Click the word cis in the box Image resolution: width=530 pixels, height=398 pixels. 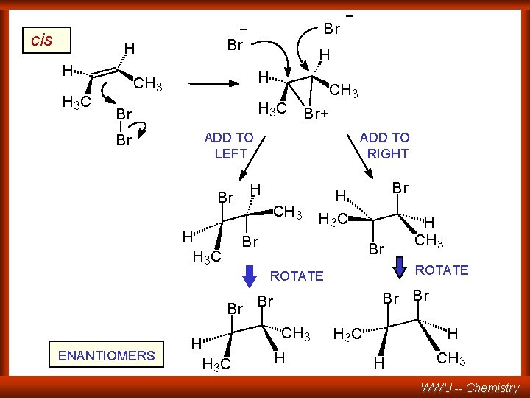click(42, 40)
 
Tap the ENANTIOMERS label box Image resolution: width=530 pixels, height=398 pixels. click(107, 356)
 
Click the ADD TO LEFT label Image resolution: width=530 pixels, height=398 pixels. click(229, 145)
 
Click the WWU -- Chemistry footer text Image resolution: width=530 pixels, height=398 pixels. click(470, 388)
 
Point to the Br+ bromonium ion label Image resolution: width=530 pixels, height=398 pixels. click(317, 114)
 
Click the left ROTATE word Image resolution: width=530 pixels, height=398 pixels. click(297, 276)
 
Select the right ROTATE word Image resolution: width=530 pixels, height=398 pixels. click(442, 270)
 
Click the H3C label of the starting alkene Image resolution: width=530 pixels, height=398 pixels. click(77, 102)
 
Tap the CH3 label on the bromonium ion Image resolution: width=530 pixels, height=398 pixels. click(344, 92)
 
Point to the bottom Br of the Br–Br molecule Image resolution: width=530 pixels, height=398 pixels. click(124, 140)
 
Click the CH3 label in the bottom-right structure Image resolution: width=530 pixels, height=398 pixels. click(451, 359)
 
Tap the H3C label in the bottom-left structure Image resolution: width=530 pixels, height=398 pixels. click(216, 364)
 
